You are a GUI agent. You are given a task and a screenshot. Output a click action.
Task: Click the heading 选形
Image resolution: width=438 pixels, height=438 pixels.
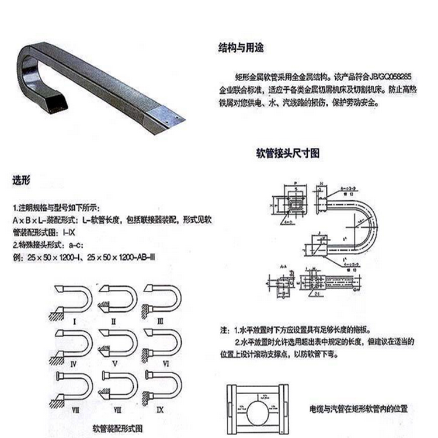tap(22, 180)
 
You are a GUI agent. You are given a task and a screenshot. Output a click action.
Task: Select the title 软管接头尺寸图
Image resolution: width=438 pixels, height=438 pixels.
tap(288, 154)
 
